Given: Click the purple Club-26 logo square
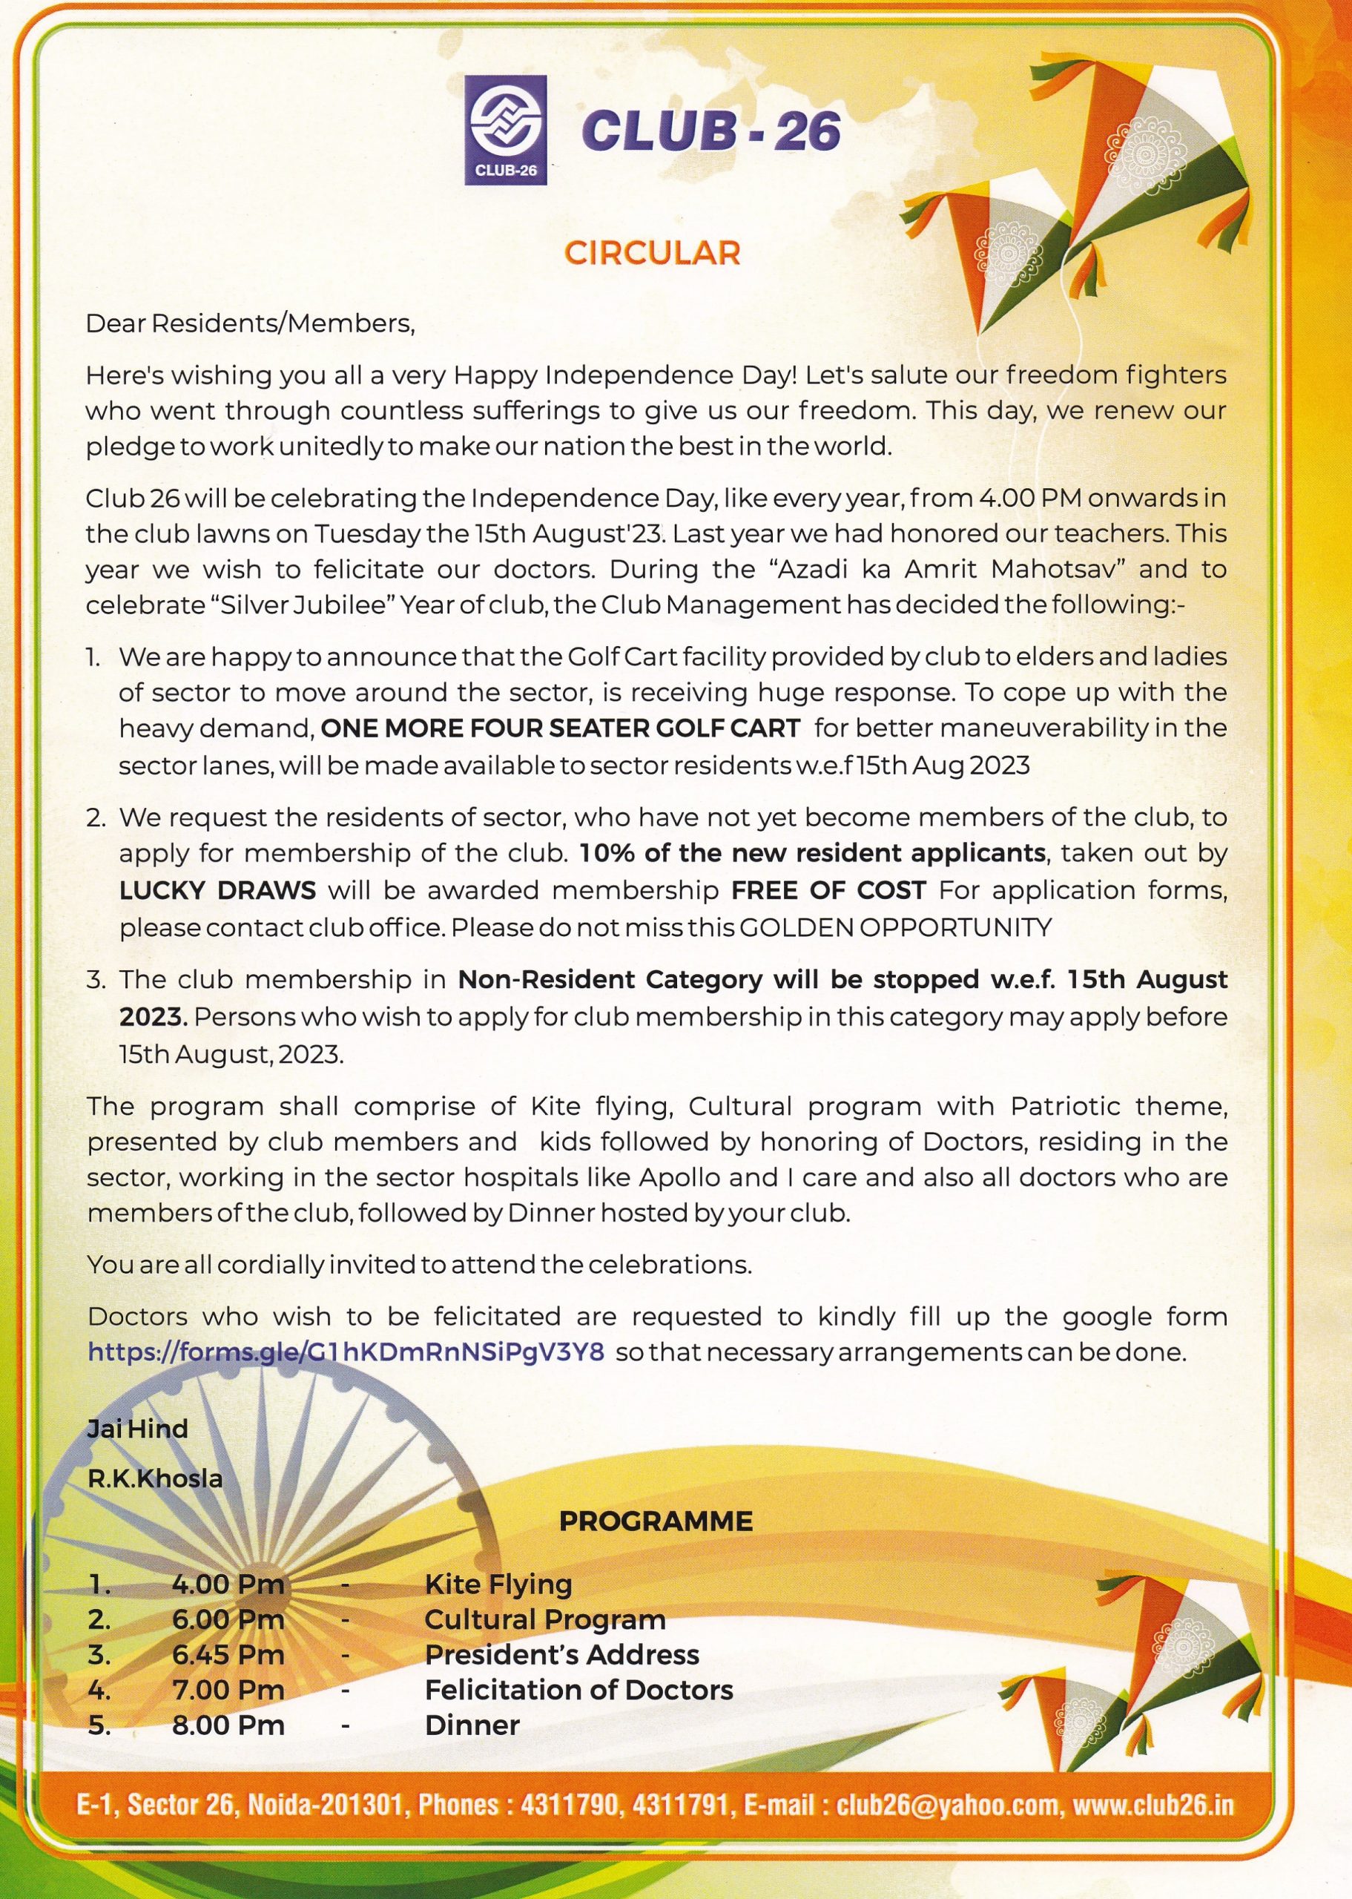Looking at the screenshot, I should pos(505,129).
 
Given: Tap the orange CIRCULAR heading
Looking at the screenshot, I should pos(652,253).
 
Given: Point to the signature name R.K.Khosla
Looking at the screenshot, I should pos(156,1478).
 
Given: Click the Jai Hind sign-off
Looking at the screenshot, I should pos(137,1429).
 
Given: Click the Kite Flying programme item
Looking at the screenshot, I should pos(498,1584).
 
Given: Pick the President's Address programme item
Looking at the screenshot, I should pos(562,1654).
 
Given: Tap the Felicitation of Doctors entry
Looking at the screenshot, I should pos(578,1689).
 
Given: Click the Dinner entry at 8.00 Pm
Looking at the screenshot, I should pos(472,1725).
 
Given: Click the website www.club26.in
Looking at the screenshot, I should pos(1153,1805).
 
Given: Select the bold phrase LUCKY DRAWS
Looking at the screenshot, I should pos(217,890).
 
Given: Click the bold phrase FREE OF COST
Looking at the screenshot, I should pos(828,890).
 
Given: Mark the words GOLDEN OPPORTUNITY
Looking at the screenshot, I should pos(895,927).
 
